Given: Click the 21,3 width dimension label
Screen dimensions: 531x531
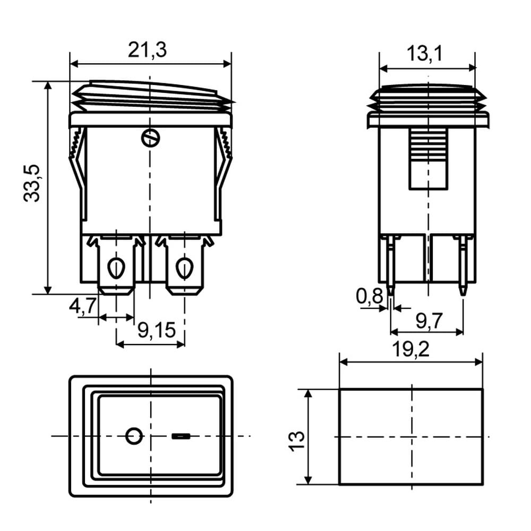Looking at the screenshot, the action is pos(147,50).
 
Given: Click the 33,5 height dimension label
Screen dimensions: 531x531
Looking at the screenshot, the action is pos(32,184).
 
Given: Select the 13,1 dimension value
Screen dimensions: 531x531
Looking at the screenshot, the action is pos(424,54).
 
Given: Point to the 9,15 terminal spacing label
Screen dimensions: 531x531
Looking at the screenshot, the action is pos(157,330).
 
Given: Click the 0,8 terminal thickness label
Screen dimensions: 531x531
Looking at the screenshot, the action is pos(369,296).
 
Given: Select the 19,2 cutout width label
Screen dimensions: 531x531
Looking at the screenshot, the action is pos(410,349).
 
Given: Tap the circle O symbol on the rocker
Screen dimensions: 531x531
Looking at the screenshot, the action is pos(134,436).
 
